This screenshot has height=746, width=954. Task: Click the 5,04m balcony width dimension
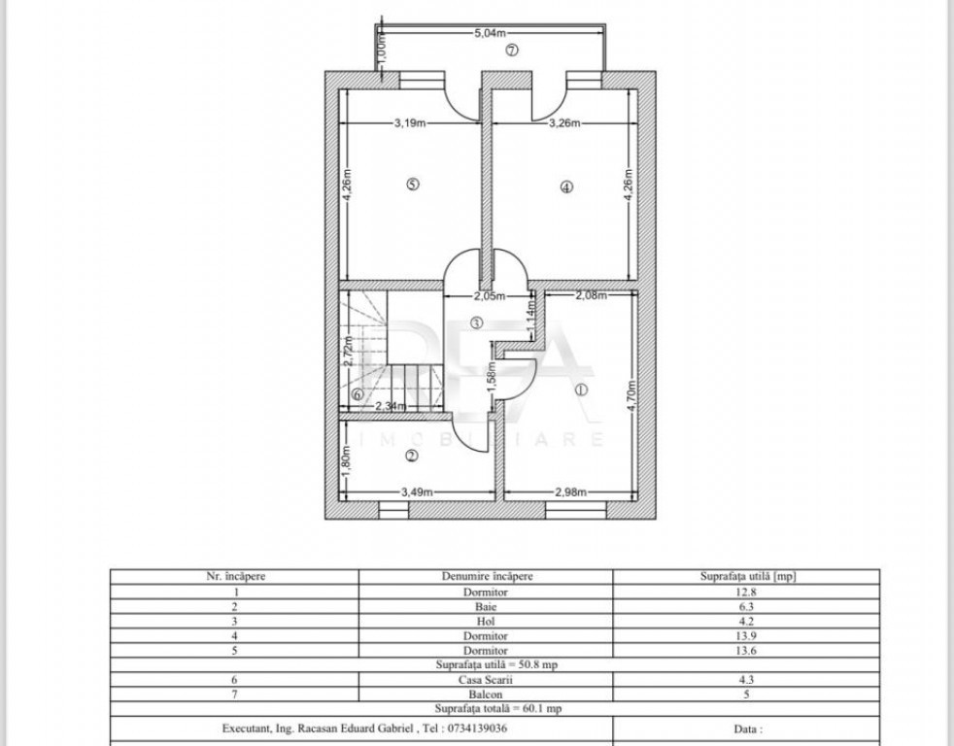[490, 33]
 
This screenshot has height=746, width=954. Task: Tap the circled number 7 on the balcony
[512, 50]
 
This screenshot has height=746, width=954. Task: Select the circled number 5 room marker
[413, 184]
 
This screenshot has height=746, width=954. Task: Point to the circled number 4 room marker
[566, 186]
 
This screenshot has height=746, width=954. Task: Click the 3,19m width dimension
[410, 123]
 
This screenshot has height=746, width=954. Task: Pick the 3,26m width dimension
[564, 123]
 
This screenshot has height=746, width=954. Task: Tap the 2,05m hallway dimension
[490, 296]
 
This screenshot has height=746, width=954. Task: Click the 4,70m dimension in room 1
[631, 395]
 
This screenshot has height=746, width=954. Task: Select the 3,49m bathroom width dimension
[417, 492]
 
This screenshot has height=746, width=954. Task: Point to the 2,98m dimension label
[570, 492]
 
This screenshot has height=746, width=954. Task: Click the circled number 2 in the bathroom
[412, 456]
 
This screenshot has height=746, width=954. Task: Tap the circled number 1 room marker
[582, 390]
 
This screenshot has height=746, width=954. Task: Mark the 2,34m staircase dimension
[390, 406]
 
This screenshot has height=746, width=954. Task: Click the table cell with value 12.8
[746, 592]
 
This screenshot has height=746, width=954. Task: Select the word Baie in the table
[486, 607]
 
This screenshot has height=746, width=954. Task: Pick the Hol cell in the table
[486, 622]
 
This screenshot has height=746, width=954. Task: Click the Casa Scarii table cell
[486, 680]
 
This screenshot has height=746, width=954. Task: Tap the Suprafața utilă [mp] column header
[746, 576]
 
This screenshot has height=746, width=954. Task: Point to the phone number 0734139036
[477, 728]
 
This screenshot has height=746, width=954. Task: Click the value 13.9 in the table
[746, 636]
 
